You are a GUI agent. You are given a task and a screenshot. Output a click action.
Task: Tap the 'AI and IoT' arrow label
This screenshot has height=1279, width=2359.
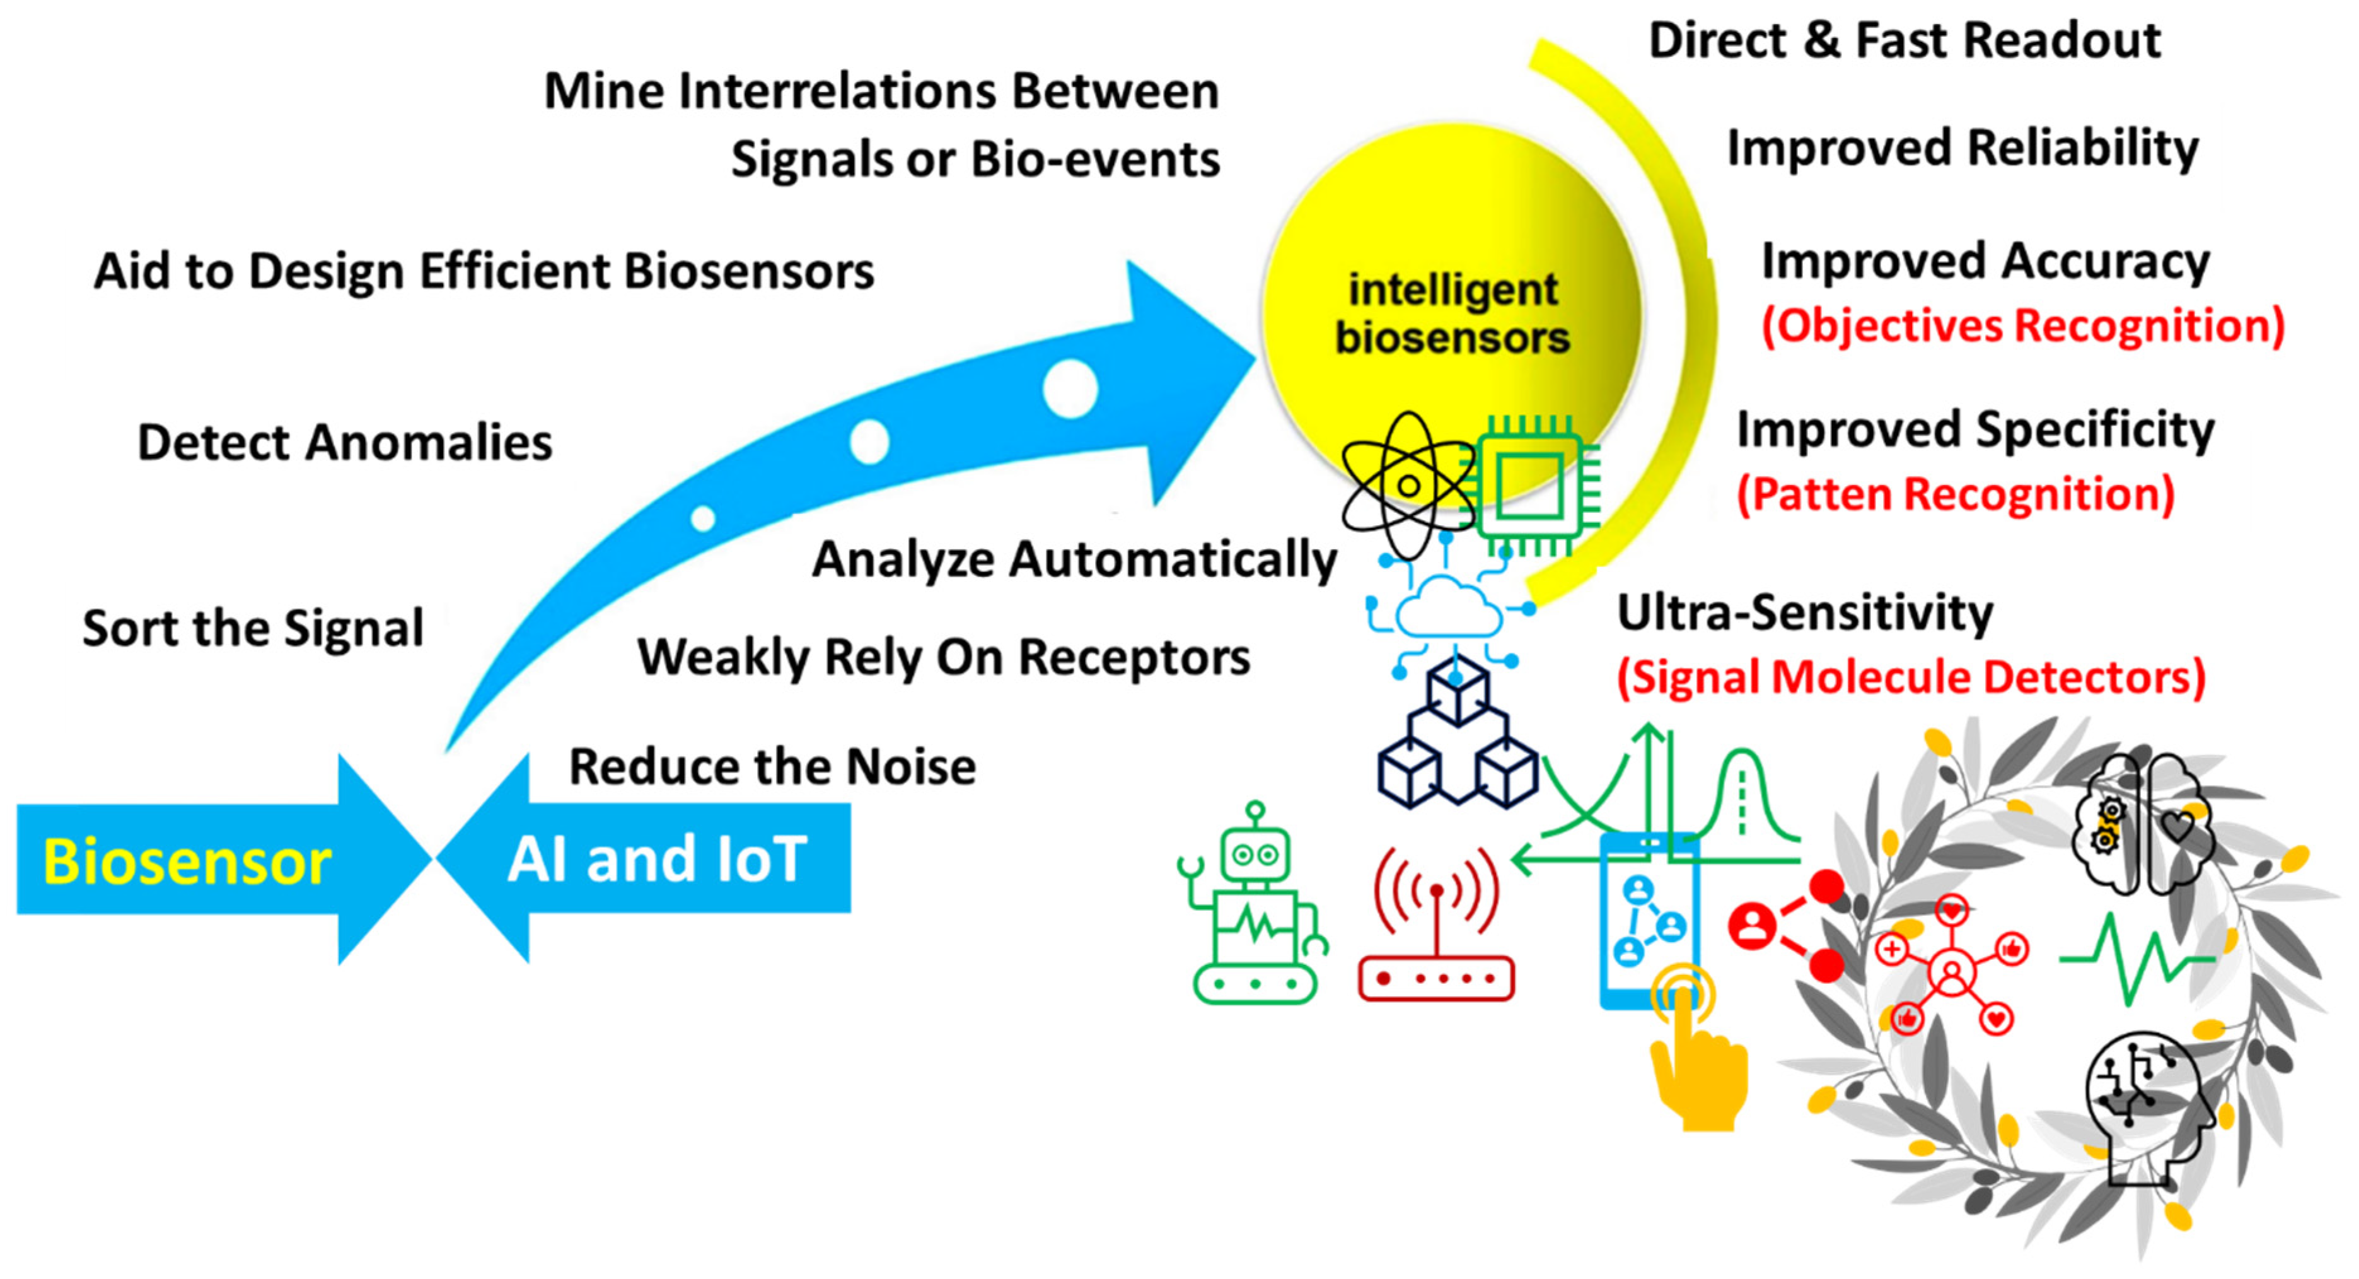coord(657,860)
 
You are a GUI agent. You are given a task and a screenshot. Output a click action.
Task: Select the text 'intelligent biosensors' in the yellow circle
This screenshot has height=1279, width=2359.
coord(1452,313)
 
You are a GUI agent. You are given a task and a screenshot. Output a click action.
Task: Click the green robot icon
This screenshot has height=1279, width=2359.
coord(1255,907)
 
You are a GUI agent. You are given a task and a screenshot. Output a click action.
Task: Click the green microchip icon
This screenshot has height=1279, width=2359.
coord(1532,486)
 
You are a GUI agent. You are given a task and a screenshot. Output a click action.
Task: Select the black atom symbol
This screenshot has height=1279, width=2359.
coord(1408,486)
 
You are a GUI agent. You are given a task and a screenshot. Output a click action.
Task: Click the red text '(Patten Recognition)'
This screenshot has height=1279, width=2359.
coord(1955,494)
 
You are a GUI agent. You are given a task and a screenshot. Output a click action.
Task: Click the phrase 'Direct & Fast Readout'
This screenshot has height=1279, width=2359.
coord(1904,41)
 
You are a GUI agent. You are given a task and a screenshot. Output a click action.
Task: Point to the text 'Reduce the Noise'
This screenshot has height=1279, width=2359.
coord(772,767)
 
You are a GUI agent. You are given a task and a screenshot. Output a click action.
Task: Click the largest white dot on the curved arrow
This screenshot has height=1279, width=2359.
coord(1070,388)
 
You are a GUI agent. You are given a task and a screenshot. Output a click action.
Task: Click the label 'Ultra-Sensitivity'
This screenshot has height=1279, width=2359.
coord(1804,613)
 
